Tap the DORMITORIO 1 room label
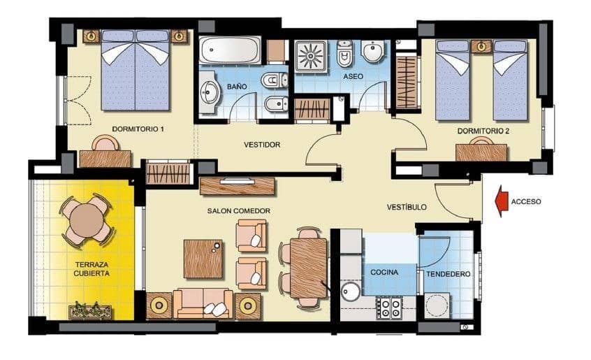pos(138,129)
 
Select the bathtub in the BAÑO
pos(231,50)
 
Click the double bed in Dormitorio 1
pos(136,70)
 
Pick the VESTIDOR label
pos(262,145)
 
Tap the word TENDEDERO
pos(448,274)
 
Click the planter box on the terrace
pos(90,310)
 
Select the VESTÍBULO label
pos(407,208)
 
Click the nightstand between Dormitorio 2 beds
pos(481,46)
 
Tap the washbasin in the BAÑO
pos(210,92)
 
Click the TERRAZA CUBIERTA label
pos(92,268)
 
